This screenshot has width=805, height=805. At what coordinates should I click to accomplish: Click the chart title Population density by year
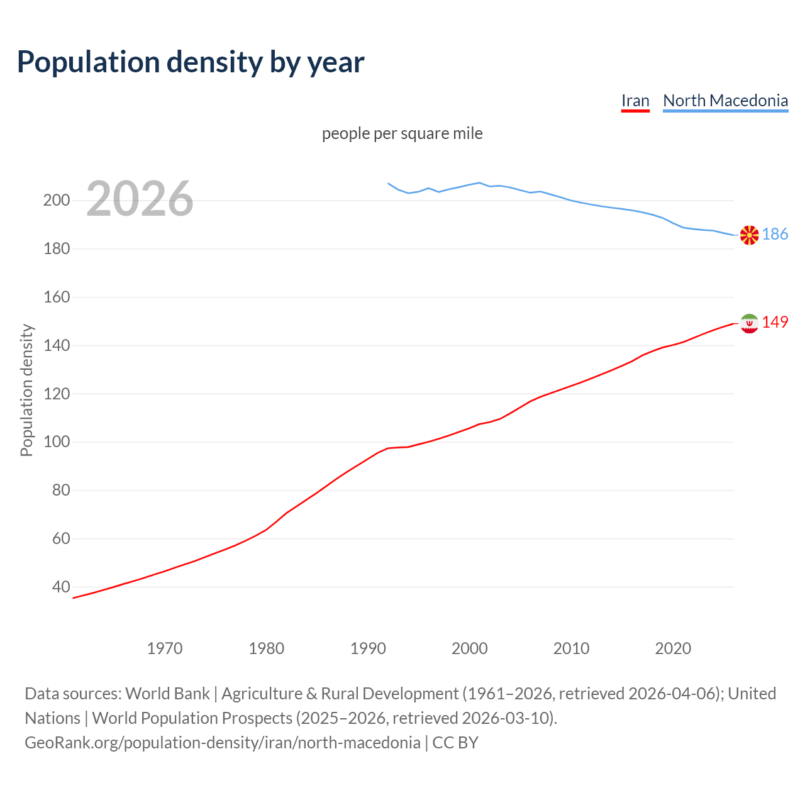pos(191,62)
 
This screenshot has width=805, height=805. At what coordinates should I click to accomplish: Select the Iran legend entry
pos(635,101)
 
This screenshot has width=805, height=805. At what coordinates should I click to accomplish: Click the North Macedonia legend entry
pos(725,101)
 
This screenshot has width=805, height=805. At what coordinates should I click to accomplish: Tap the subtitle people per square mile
pos(402,133)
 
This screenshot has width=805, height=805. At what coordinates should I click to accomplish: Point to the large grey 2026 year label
pos(140,199)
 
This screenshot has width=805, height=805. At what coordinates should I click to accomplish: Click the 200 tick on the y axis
pos(56,201)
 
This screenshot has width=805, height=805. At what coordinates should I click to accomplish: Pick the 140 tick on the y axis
pos(56,345)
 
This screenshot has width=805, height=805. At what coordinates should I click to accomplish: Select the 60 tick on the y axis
pos(60,538)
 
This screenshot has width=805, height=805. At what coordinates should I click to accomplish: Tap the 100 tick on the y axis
pos(56,442)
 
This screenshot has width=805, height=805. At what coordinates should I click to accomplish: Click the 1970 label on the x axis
pos(165,648)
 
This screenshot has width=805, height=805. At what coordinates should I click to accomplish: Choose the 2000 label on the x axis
pos(470,648)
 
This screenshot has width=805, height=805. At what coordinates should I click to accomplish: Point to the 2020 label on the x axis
pos(673,648)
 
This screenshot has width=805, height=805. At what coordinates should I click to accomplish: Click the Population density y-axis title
pos(26,390)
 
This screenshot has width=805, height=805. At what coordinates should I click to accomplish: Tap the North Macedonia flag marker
pos(749,235)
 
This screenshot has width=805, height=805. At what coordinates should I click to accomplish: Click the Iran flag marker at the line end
pos(749,323)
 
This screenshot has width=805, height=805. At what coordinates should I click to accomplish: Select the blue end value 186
pos(775,235)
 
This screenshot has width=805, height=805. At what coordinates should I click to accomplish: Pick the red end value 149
pos(775,322)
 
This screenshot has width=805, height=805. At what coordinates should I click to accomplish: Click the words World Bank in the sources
pos(167,693)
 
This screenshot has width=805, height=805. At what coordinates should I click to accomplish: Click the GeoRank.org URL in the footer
pos(222,742)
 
